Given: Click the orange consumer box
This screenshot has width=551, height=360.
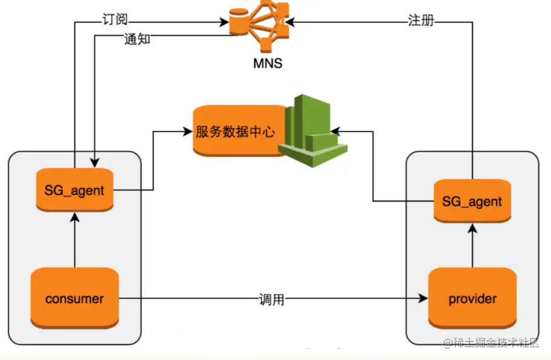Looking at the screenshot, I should pos(74,298).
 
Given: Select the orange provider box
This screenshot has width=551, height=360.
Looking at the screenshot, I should pos(472,298).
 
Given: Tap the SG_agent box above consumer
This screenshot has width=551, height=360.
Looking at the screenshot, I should pos(74,190).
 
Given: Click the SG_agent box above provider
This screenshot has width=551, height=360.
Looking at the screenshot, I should pos(472,201).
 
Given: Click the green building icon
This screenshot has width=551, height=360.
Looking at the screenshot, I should pos(312,130).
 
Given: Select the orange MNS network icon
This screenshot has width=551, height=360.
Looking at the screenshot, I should pos(256,24).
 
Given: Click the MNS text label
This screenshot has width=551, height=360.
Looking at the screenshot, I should pos(267,63).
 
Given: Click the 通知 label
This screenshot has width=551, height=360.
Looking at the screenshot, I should pos(137,40).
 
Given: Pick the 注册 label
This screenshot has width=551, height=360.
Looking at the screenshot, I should pos(420,20).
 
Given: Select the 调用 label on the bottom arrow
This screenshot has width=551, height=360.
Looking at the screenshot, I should pos(271,299).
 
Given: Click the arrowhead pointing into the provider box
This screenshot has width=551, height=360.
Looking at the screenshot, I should pos(424,298).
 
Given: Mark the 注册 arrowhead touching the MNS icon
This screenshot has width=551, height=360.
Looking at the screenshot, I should pos(290,23).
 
